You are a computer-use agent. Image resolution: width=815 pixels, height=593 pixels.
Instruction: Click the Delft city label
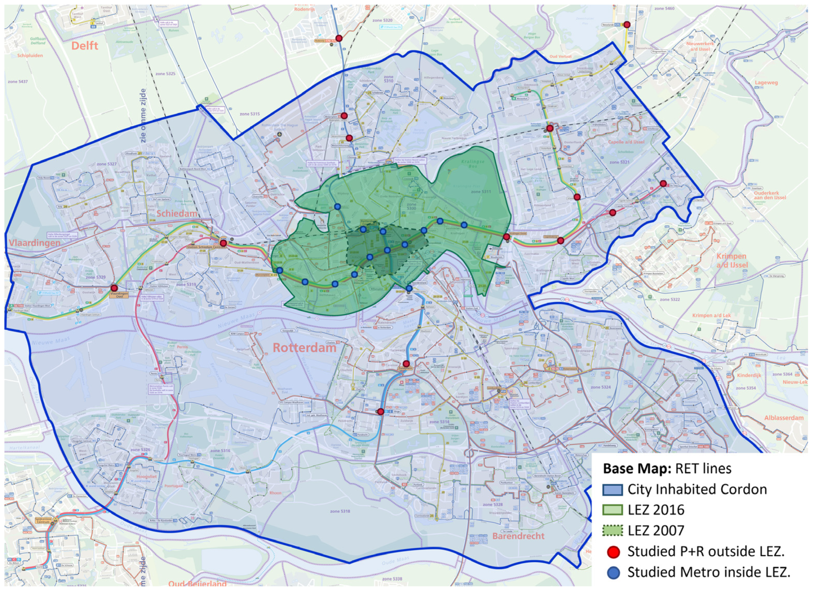coord(84,46)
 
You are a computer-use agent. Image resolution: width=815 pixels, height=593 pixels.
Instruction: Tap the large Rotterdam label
coord(304,348)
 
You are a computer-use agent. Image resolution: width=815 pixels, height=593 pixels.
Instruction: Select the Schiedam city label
coord(177,214)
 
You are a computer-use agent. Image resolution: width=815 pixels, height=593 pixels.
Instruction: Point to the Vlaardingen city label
coord(34,243)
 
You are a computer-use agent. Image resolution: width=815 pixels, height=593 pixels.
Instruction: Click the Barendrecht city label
coord(518,536)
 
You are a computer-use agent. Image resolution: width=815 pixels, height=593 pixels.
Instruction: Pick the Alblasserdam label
coord(784,418)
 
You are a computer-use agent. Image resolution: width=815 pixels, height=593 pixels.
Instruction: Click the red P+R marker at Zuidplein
coord(406,364)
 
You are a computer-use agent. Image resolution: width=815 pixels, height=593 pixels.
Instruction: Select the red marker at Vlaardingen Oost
coord(114,288)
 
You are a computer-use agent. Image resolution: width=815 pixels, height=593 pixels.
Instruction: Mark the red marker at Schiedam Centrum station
coord(223,243)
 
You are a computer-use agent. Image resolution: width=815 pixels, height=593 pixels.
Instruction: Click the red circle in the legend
coord(613,552)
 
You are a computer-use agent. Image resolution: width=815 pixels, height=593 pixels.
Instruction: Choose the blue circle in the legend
coord(613,572)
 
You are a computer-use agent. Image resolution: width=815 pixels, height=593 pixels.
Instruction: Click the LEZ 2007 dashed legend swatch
coord(612,531)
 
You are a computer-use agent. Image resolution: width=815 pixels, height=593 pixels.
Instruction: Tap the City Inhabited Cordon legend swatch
coord(612,490)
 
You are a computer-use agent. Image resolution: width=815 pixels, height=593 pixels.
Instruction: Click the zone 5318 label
coord(340,511)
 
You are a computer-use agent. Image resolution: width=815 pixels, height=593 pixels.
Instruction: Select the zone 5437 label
coord(18,82)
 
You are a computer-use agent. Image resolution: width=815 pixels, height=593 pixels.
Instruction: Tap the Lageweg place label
coord(766,83)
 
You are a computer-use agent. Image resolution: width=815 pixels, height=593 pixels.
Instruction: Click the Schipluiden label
coord(30,56)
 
